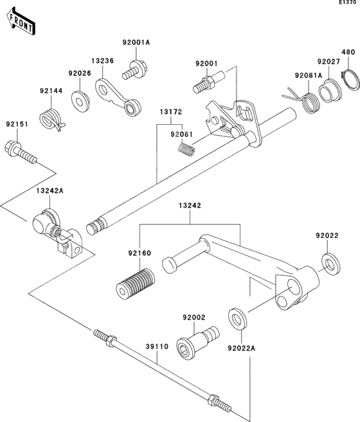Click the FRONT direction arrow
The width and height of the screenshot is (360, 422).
tap(21, 21)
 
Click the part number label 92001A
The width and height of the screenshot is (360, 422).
tap(136, 42)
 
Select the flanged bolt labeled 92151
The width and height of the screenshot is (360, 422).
tap(21, 152)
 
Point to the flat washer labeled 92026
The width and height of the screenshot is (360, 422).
tap(80, 102)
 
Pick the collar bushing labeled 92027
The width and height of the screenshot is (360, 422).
tap(330, 91)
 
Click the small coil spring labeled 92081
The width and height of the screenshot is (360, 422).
tap(186, 149)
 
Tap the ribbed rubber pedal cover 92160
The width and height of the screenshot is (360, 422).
tap(135, 284)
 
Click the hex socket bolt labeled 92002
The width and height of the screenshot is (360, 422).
tap(197, 340)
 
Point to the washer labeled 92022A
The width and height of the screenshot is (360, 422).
tap(237, 318)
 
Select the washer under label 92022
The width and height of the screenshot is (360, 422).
tap(331, 264)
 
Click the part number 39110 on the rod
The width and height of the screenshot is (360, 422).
tap(157, 346)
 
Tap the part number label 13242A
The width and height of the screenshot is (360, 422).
tap(50, 190)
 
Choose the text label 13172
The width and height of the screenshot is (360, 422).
tap(171, 111)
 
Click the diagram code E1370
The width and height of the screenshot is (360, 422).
tap(349, 3)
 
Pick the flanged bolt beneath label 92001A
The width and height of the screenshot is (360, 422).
tap(134, 70)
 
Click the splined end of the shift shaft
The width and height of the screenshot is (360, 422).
tap(95, 226)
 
